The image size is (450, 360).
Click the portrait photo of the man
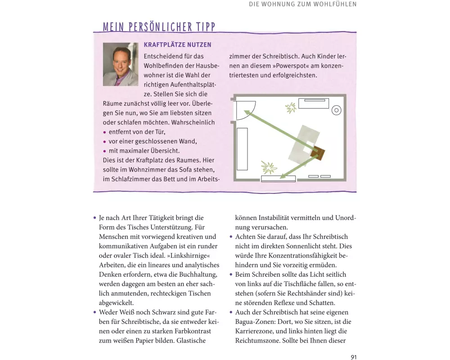[121, 64]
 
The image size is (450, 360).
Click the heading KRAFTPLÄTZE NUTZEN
[177, 45]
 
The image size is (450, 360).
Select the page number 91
[353, 357]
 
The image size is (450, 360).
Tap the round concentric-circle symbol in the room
[336, 110]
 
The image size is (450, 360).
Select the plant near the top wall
[291, 108]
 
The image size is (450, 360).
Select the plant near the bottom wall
[269, 167]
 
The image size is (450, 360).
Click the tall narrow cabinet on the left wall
[242, 149]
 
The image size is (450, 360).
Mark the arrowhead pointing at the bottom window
[281, 176]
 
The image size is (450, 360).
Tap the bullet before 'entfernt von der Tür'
[104, 133]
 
